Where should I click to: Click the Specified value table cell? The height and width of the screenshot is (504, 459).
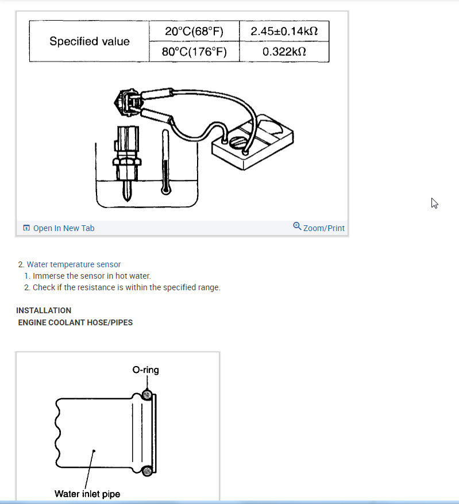[x=89, y=41]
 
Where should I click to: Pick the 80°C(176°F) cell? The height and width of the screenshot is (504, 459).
[x=194, y=52]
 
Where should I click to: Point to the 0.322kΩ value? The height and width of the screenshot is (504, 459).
[x=284, y=52]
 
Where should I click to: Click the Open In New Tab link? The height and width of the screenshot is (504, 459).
[x=64, y=228]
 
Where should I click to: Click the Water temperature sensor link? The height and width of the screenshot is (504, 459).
[x=74, y=264]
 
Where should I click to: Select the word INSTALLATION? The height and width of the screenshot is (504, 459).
[x=44, y=310]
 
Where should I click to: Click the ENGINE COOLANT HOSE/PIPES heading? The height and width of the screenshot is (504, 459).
[x=75, y=322]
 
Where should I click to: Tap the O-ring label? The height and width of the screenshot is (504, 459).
[x=145, y=370]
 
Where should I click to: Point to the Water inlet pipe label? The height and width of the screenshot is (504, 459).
[x=87, y=494]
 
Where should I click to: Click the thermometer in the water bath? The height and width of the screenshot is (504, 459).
[x=166, y=164]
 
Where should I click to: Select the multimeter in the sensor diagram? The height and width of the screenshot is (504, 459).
[x=252, y=141]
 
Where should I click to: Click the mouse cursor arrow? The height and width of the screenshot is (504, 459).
[x=434, y=203]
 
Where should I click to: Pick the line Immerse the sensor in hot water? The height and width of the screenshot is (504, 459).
[x=92, y=276]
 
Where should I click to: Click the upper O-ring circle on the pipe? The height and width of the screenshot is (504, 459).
[x=148, y=395]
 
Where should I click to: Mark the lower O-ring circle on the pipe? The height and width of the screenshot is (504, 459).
[x=148, y=471]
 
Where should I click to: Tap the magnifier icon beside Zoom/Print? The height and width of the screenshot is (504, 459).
[x=297, y=226]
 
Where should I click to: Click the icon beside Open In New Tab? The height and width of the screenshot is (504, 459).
[x=26, y=228]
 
